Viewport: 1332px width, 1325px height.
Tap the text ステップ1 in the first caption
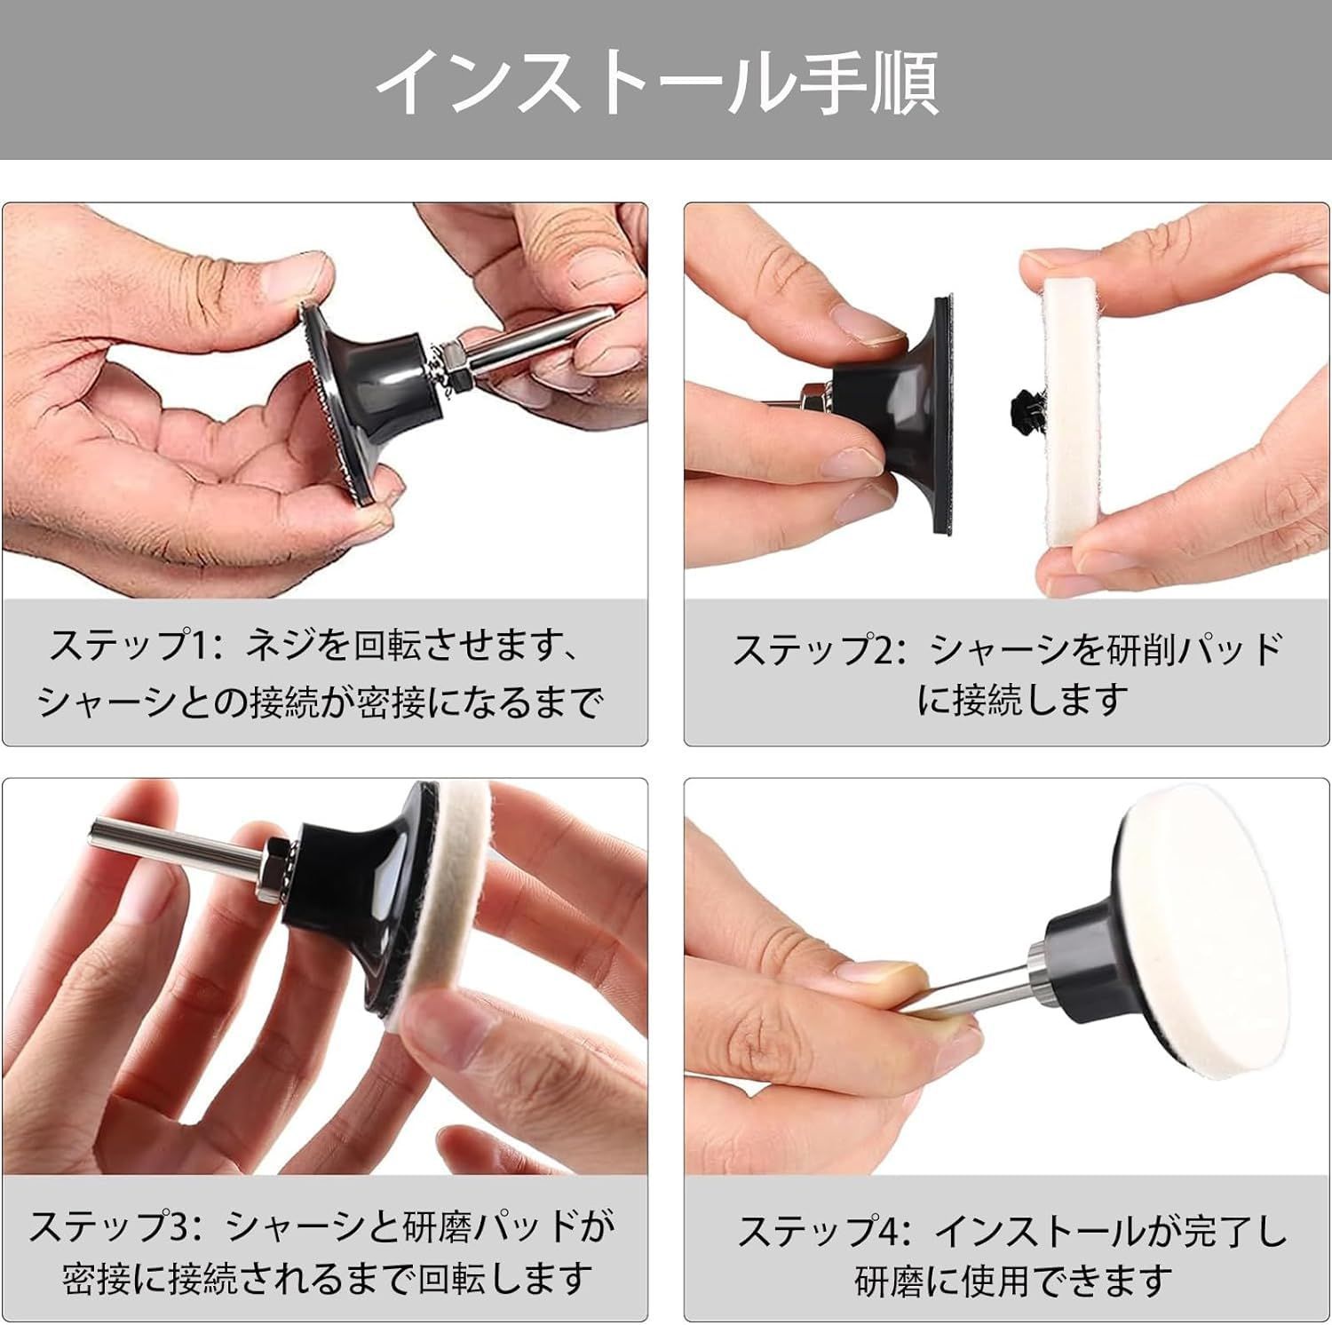128,646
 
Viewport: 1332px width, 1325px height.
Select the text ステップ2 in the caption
812,649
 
